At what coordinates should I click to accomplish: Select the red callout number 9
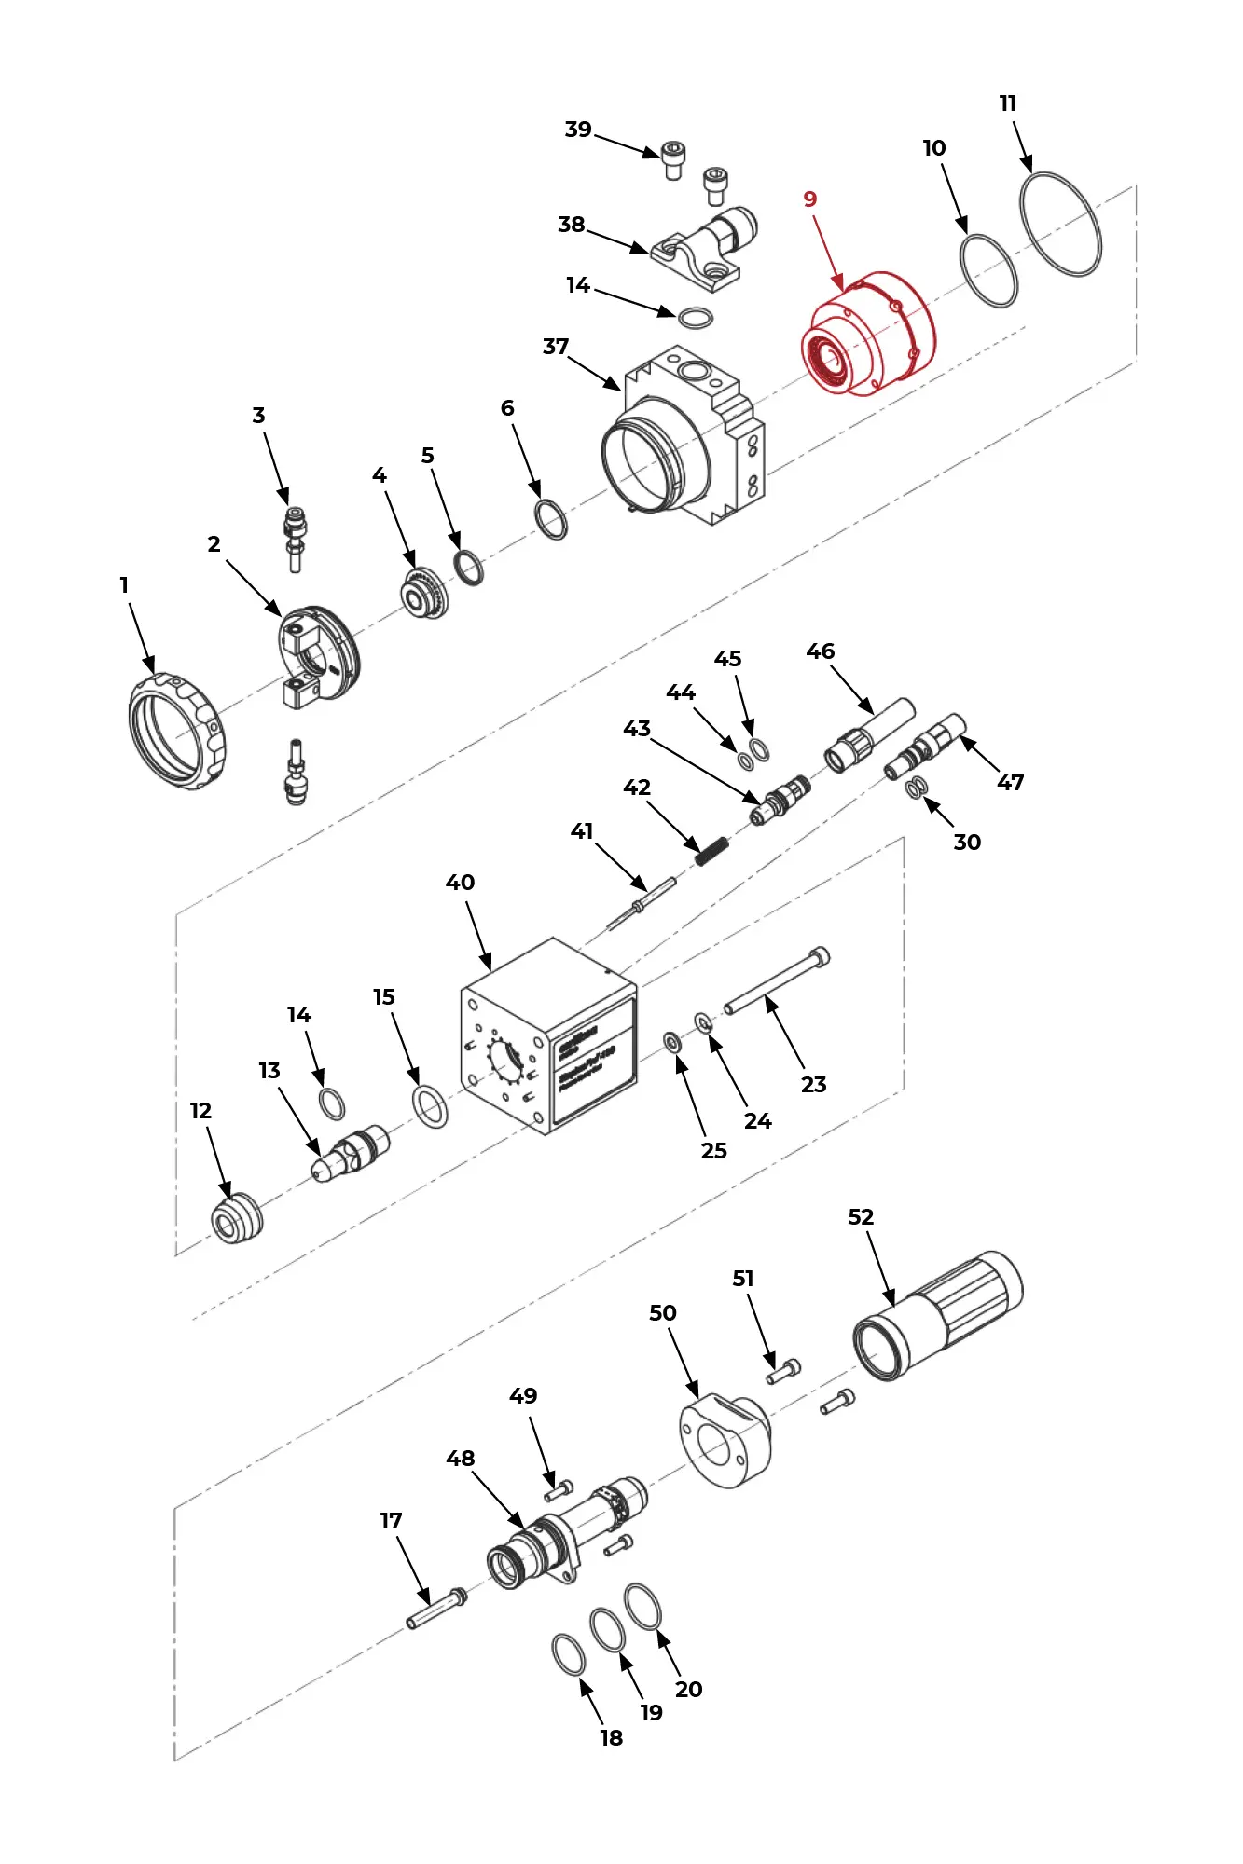(x=809, y=199)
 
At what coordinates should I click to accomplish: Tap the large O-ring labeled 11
(x=1060, y=225)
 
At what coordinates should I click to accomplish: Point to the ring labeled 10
(x=988, y=270)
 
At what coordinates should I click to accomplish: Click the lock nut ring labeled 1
(x=175, y=732)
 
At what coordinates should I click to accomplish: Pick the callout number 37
(x=556, y=347)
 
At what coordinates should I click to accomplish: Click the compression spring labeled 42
(x=712, y=851)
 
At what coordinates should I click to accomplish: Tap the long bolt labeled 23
(x=776, y=981)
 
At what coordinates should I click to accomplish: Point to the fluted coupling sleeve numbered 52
(x=937, y=1315)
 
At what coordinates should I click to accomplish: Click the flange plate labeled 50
(x=725, y=1440)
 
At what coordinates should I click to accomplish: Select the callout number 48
(x=461, y=1459)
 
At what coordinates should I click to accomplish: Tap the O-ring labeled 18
(x=569, y=1654)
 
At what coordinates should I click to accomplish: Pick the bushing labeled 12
(x=236, y=1218)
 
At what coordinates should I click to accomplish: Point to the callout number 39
(x=578, y=130)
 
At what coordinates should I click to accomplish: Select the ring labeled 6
(x=551, y=520)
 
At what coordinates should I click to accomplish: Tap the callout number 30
(x=967, y=843)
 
